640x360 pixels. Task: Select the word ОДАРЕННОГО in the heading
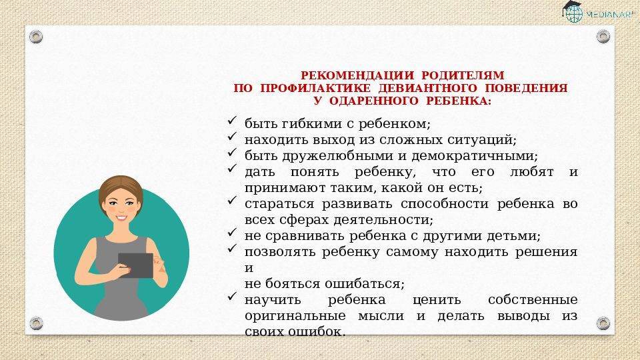click(373, 101)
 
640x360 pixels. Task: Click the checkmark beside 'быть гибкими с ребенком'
click(232, 121)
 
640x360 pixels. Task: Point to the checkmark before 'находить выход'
click(232, 136)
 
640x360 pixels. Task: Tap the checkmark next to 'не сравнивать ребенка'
click(232, 232)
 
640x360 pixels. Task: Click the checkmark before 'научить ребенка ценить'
click(232, 296)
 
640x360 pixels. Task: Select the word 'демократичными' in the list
click(474, 156)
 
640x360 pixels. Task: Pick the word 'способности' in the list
click(444, 204)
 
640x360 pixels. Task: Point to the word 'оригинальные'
click(295, 316)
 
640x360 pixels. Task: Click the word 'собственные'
click(533, 300)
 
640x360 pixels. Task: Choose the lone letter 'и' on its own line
click(249, 268)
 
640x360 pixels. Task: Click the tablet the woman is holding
click(136, 265)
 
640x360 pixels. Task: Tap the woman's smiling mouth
click(121, 217)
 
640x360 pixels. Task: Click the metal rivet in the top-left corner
click(36, 37)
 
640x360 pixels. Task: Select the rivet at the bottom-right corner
click(603, 323)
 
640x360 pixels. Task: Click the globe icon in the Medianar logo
click(574, 14)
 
